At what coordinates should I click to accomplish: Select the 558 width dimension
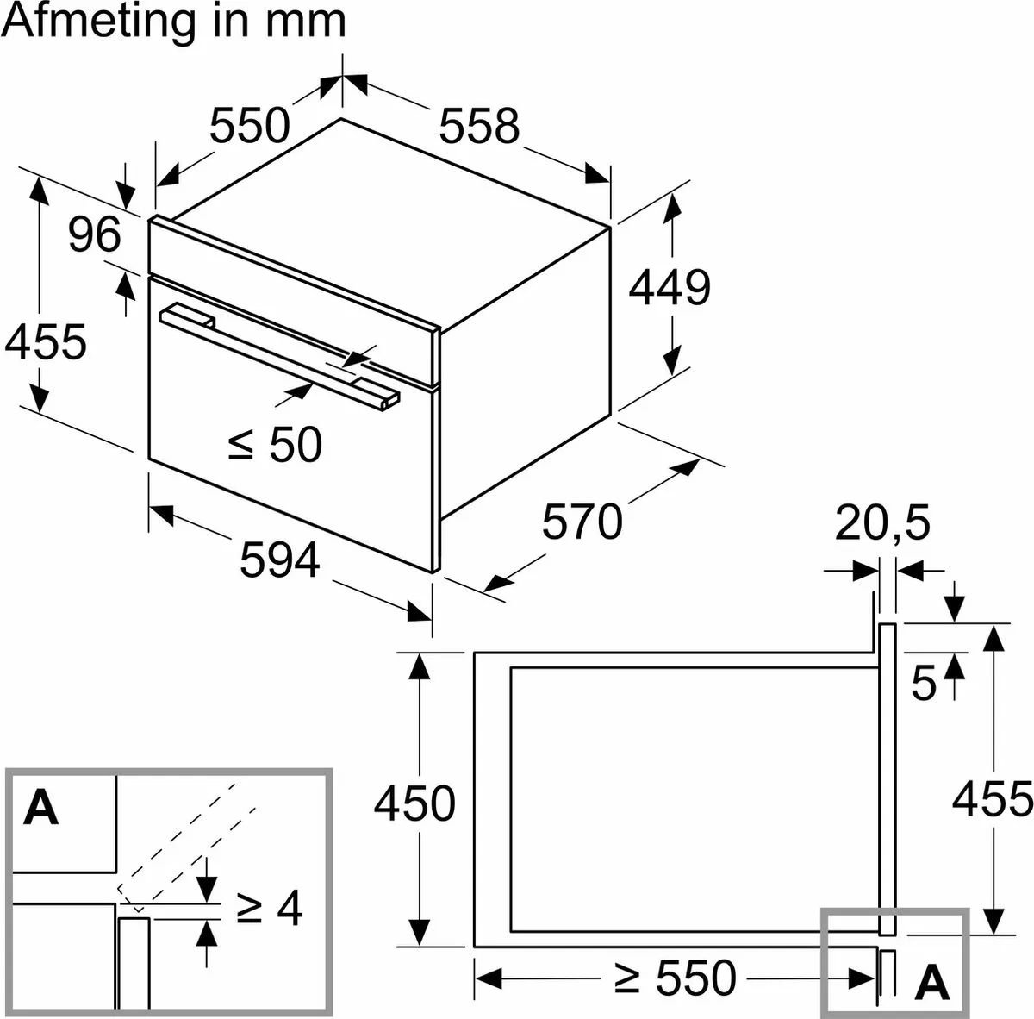(479, 126)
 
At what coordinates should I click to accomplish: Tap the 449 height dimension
(669, 287)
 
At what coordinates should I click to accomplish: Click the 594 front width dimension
(279, 561)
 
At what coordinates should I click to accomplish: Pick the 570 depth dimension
(582, 522)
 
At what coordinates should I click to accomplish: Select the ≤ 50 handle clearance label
(275, 444)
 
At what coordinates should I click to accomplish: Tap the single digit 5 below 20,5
(923, 684)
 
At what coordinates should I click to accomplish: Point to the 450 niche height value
(414, 803)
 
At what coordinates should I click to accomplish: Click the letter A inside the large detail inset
(41, 808)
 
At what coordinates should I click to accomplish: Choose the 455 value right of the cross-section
(992, 799)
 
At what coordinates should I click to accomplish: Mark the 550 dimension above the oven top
(249, 126)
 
